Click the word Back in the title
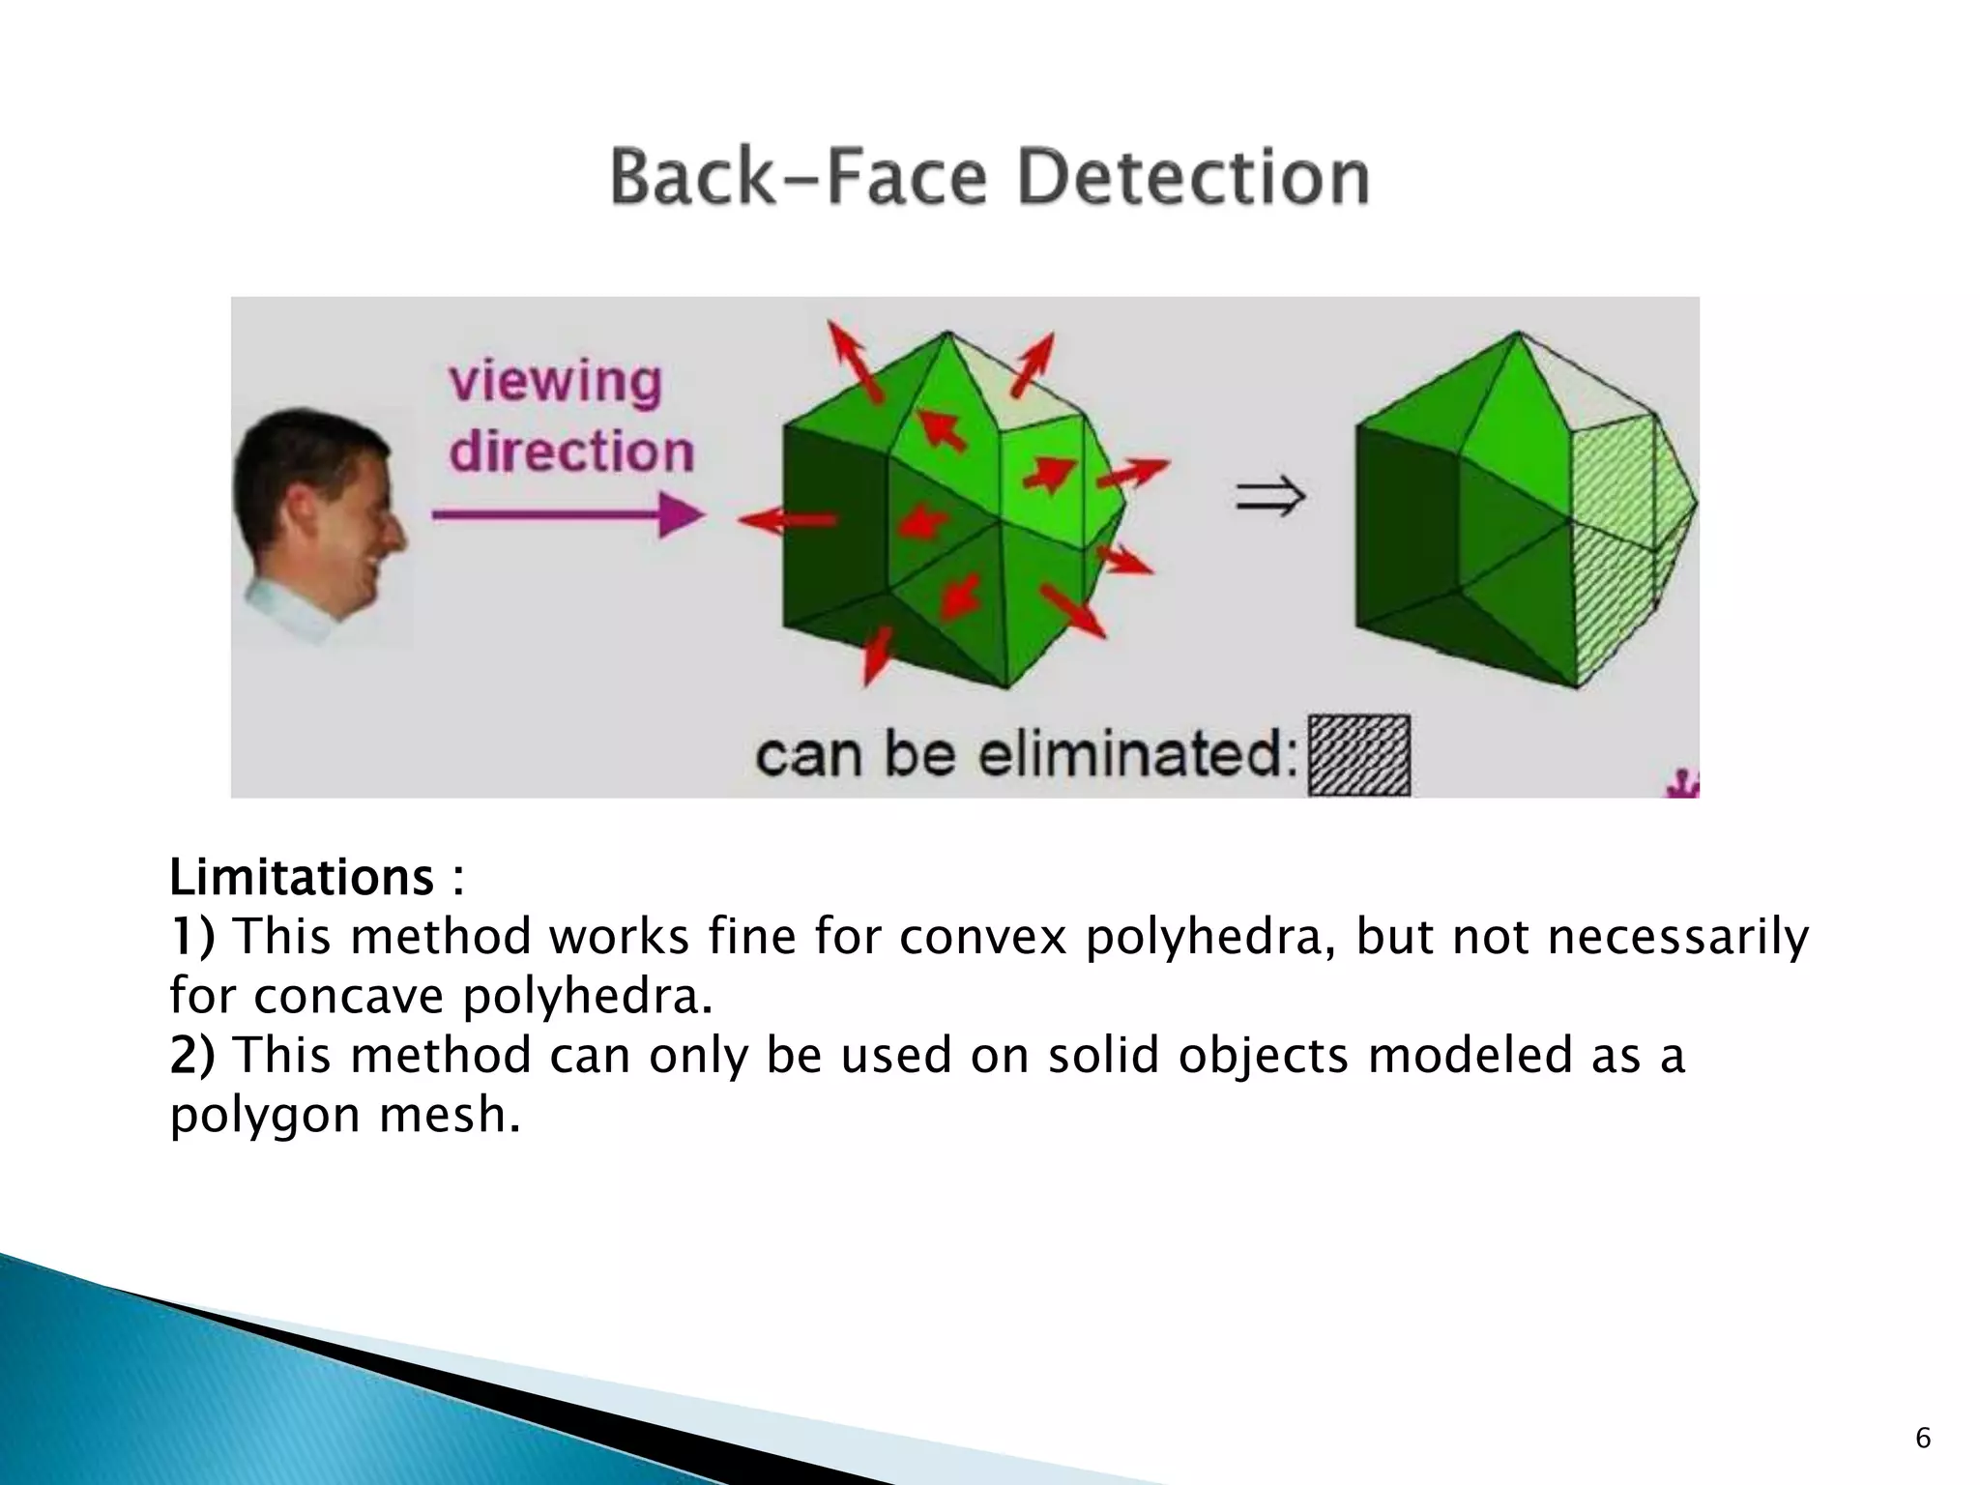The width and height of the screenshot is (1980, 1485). tap(690, 179)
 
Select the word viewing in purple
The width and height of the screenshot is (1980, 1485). tap(556, 384)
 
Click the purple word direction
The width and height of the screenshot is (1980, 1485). tap(571, 451)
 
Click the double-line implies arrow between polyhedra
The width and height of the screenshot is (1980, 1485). tap(1269, 498)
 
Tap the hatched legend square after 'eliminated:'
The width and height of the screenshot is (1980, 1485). tap(1358, 755)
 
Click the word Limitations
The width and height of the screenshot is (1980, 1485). tap(302, 878)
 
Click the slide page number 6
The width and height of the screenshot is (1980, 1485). tap(1923, 1439)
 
